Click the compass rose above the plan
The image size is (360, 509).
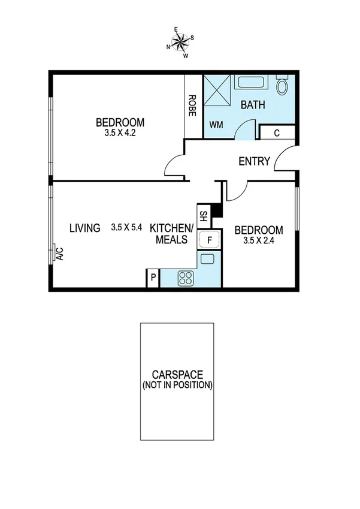click(180, 41)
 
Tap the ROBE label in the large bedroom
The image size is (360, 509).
click(193, 106)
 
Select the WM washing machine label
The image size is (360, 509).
click(216, 125)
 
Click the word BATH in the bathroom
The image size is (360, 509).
click(252, 105)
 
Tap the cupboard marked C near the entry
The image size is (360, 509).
click(277, 133)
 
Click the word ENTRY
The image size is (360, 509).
click(254, 161)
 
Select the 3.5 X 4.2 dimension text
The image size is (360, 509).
click(120, 134)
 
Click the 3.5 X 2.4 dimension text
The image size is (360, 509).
click(258, 241)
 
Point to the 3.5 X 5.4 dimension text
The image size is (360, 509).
click(126, 228)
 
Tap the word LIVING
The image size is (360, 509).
click(84, 228)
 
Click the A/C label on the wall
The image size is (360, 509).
click(59, 254)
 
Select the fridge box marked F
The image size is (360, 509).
click(209, 239)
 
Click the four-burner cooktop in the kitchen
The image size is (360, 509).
click(185, 278)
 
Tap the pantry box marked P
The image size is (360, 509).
click(153, 278)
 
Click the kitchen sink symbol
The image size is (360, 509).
click(207, 259)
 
